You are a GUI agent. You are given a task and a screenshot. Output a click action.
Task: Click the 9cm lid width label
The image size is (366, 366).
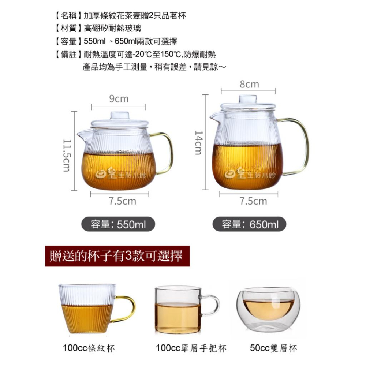[x=119, y=99]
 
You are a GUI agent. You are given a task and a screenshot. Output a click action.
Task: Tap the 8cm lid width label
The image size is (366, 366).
[x=249, y=84]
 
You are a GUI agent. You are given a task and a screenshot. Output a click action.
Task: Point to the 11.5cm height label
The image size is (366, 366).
[x=66, y=155]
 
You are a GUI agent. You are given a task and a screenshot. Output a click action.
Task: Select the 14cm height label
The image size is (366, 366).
[x=198, y=142]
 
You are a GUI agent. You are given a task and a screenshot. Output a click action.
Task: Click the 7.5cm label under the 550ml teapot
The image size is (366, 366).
[x=122, y=201]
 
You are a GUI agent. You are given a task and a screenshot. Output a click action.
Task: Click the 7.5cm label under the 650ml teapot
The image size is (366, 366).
[x=253, y=201]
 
